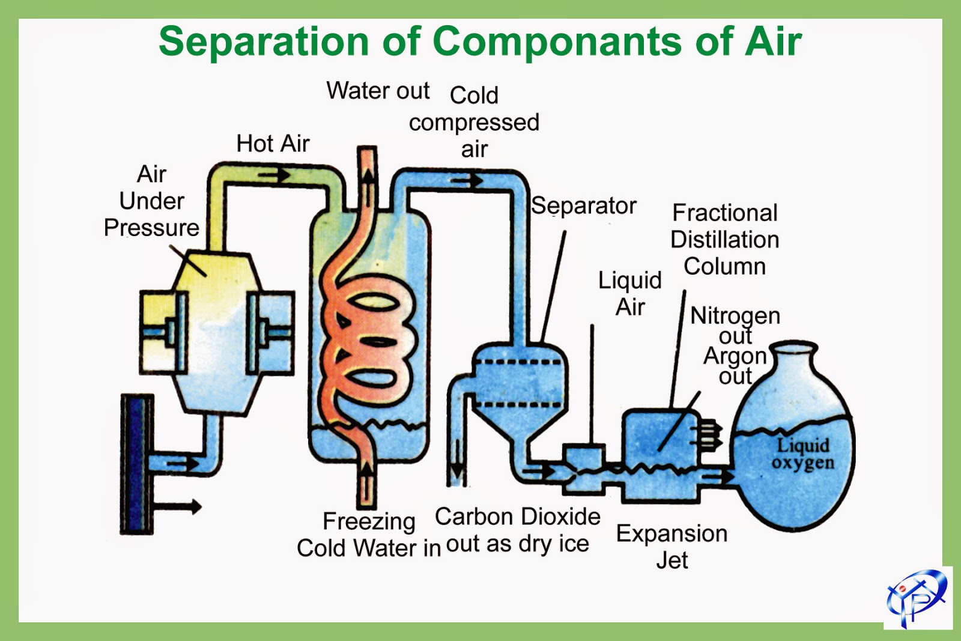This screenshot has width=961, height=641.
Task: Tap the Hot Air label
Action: [273, 144]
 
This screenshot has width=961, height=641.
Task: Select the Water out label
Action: [378, 91]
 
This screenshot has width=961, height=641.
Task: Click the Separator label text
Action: [583, 206]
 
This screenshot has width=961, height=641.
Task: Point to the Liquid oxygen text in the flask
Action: [803, 454]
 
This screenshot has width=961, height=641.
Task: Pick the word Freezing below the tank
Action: [369, 521]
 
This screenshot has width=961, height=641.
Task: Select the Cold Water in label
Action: [368, 548]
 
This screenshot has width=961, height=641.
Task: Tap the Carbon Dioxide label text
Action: [517, 517]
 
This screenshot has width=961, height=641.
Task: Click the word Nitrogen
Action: [735, 315]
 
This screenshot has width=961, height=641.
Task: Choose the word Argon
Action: [735, 356]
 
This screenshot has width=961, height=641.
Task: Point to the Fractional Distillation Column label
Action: [724, 240]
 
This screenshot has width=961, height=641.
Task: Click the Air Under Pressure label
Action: [151, 201]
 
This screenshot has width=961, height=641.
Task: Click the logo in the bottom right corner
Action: [917, 598]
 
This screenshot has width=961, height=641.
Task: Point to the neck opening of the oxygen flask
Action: [794, 348]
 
